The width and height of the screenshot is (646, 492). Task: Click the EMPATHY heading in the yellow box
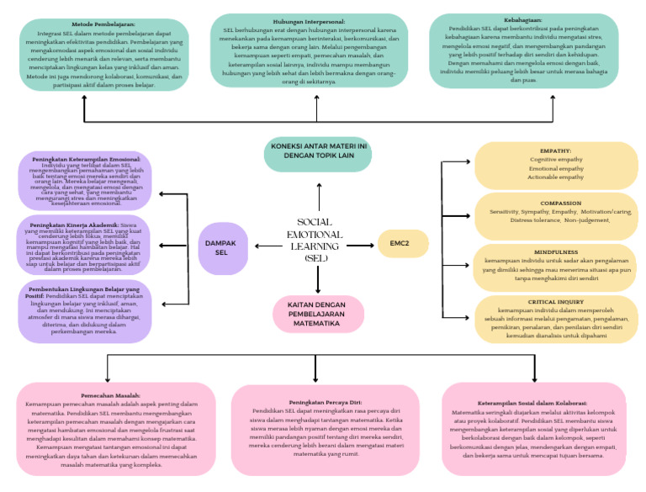555,151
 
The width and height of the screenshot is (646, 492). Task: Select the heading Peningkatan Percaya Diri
322,402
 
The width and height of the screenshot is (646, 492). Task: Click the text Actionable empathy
555,177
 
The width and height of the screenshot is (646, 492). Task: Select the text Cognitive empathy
555,159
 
